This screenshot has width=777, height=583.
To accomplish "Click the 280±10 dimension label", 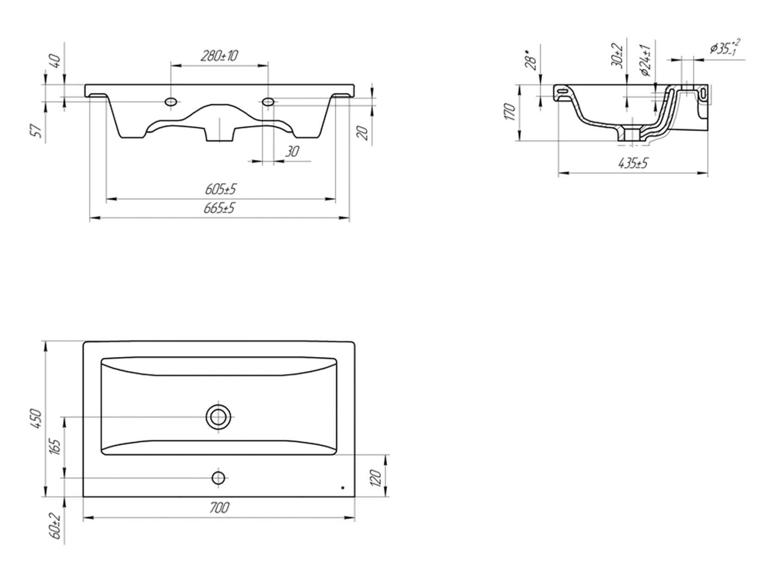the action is click(x=219, y=56).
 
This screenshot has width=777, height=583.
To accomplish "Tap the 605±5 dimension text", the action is click(x=220, y=189).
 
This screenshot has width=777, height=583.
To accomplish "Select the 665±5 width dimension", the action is click(x=219, y=208).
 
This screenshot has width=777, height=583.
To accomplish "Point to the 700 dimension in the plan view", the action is click(x=220, y=508).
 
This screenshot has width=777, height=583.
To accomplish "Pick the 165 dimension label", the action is click(x=56, y=447).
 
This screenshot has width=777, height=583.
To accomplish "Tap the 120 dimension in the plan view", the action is click(x=376, y=478).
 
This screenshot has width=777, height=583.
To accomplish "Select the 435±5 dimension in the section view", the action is click(x=633, y=163).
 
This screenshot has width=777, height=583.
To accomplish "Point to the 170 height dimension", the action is click(x=509, y=112).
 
